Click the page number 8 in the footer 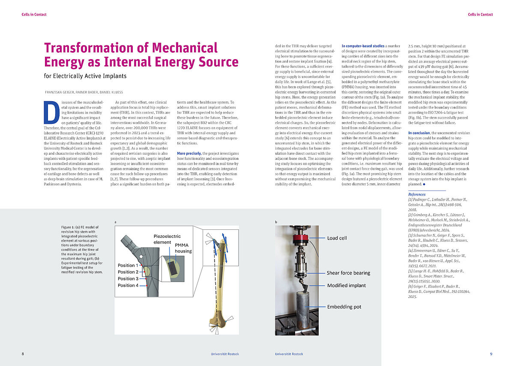[x=23, y=354]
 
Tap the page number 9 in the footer [x=491, y=354]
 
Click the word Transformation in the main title [x=93, y=48]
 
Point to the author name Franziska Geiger [x=61, y=92]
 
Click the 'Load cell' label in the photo [x=337, y=238]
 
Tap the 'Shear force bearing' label [x=348, y=273]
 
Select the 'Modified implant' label [x=347, y=285]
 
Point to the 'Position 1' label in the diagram [x=128, y=266]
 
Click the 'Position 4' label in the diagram [x=128, y=285]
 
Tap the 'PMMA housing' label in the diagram [x=183, y=248]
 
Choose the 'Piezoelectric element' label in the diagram [x=167, y=239]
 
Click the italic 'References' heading [x=417, y=194]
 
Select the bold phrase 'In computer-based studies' [x=362, y=45]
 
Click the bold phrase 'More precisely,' [x=189, y=153]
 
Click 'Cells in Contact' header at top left [x=34, y=15]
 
